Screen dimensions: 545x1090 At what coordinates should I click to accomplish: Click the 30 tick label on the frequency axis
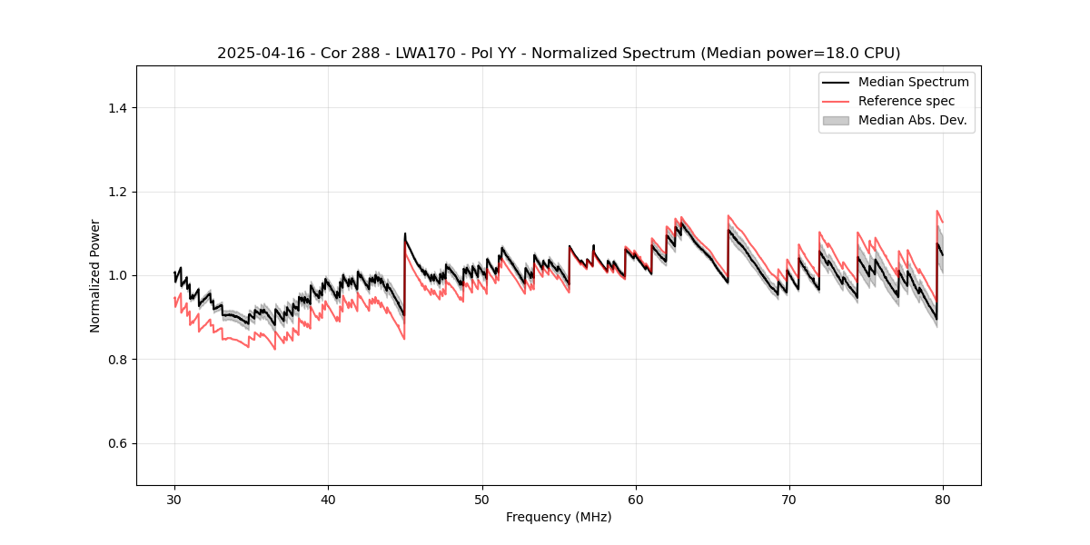click(174, 499)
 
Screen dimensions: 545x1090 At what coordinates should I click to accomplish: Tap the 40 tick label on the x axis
click(328, 499)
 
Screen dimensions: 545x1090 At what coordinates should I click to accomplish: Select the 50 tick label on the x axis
click(481, 499)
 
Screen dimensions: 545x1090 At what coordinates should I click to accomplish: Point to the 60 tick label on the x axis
click(636, 499)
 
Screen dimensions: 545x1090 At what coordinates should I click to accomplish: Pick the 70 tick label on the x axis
click(789, 499)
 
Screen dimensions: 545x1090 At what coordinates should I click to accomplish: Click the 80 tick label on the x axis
click(943, 499)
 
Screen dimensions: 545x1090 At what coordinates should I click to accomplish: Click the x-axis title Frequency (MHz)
click(559, 517)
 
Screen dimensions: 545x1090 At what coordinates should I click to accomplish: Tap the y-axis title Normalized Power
click(95, 275)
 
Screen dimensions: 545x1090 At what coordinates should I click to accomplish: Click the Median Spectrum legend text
click(913, 82)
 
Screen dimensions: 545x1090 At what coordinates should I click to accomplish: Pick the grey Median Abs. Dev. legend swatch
click(836, 120)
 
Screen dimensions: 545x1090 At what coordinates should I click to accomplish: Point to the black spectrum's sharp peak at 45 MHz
click(405, 233)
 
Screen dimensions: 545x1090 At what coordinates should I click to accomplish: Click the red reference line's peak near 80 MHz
click(937, 211)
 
